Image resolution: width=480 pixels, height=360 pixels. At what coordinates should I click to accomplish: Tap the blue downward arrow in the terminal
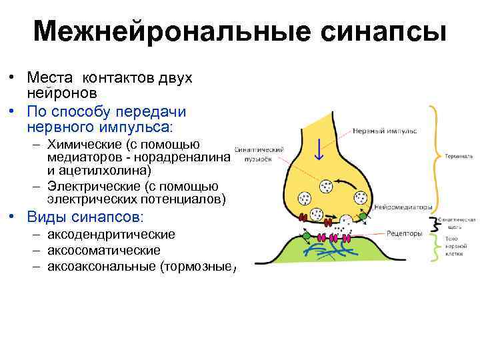click(x=319, y=149)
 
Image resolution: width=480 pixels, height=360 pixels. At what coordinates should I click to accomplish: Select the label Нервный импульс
click(x=385, y=131)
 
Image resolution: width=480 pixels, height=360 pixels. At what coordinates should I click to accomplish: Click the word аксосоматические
click(x=103, y=250)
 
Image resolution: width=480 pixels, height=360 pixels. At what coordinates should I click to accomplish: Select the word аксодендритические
click(x=111, y=234)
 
